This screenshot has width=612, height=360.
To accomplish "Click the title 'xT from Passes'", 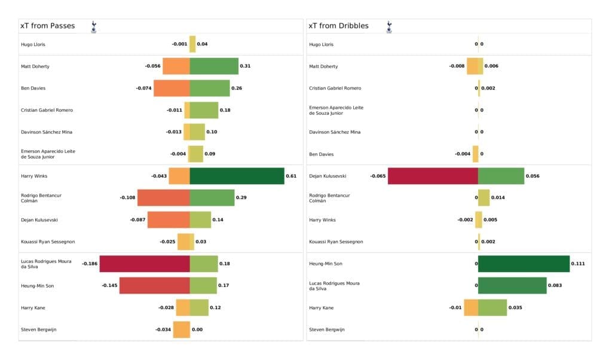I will [x=47, y=26].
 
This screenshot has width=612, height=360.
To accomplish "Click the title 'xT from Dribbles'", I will [x=338, y=26].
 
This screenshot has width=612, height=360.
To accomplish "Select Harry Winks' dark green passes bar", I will [x=237, y=176].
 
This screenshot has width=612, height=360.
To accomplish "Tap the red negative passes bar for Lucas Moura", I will [x=145, y=264].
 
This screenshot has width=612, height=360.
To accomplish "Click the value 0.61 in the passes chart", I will [x=291, y=176].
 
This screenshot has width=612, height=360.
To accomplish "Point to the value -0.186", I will [x=90, y=264].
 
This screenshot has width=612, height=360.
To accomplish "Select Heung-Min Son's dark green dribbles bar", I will [x=524, y=264].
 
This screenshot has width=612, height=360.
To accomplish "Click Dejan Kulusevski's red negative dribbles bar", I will [x=433, y=176].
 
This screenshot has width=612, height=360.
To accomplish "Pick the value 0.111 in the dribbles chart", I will [x=578, y=264].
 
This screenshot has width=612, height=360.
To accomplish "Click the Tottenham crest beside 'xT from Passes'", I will [x=93, y=26].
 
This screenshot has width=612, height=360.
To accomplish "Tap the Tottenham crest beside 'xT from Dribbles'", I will [x=388, y=26].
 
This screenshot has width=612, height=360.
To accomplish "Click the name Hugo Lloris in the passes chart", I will [x=33, y=44].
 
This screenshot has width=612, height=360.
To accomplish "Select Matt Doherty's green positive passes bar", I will [x=214, y=66].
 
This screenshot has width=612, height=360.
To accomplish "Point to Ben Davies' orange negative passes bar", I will [x=172, y=88].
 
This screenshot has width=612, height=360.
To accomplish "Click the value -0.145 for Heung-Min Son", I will [x=109, y=286].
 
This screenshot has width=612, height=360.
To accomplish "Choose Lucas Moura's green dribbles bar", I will [x=512, y=286].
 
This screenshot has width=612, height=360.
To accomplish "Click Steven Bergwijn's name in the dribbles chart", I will [x=326, y=330].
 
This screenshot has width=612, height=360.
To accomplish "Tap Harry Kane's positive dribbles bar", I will [x=492, y=307].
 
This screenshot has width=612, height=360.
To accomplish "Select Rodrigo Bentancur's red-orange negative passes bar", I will [x=163, y=198].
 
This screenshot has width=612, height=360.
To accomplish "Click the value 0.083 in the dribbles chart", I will [x=555, y=286].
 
